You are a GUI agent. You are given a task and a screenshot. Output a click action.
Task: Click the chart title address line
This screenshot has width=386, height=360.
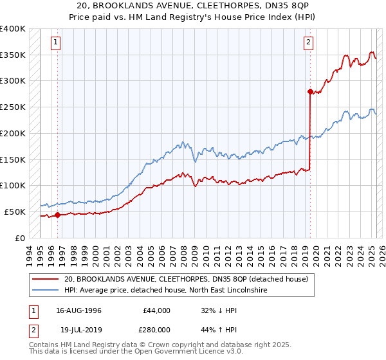(x=193, y=6)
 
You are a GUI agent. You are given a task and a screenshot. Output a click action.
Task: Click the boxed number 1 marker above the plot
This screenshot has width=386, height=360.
(x=56, y=43)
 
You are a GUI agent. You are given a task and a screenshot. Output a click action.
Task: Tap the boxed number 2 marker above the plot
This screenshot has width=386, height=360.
(x=308, y=43)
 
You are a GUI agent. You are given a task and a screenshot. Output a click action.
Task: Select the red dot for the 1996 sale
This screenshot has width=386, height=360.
(x=57, y=215)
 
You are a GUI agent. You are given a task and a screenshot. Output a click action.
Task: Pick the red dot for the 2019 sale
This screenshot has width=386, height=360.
(x=310, y=91)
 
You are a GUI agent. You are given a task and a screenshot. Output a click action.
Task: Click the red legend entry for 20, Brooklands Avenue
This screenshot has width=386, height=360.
(x=186, y=280)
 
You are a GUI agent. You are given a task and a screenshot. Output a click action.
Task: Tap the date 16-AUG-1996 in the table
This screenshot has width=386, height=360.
(x=79, y=310)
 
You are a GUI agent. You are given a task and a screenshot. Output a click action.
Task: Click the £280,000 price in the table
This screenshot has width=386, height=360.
(x=156, y=329)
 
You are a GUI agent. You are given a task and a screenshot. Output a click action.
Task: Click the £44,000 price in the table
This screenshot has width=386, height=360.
(x=156, y=310)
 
